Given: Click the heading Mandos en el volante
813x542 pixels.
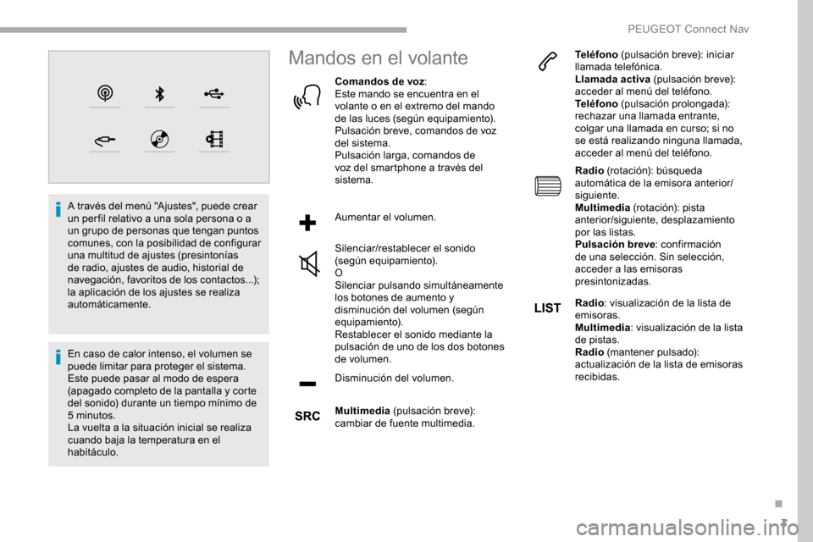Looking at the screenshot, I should point(378,58).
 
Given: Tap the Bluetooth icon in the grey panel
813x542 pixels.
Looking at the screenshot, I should point(159,93).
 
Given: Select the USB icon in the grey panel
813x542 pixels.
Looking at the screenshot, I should point(213,93).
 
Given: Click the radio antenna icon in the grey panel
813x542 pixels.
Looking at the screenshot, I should point(105,93).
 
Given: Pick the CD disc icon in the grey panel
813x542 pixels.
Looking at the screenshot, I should point(159,139).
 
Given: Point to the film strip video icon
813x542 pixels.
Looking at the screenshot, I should point(213,139).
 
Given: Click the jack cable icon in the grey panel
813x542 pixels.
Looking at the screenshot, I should point(105,139).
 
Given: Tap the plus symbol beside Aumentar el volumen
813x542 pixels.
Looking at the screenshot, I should point(307,223).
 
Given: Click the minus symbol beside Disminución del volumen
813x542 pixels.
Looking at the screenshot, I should point(307,384).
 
